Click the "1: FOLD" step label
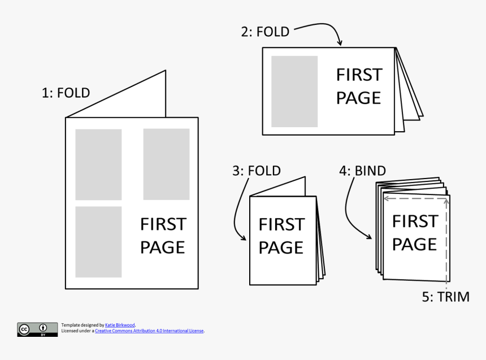click(x=66, y=93)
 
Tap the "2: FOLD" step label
click(x=265, y=32)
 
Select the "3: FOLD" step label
click(x=257, y=171)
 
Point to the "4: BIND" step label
click(x=362, y=171)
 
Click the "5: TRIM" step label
click(x=446, y=297)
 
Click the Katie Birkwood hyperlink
click(x=120, y=325)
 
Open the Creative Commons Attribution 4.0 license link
click(x=149, y=331)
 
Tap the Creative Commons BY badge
click(x=37, y=329)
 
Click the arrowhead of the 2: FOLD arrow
click(x=340, y=43)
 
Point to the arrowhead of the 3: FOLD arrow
click(x=244, y=237)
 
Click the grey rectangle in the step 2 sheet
click(x=294, y=92)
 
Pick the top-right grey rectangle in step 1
click(x=167, y=164)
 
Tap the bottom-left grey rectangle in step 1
click(x=98, y=242)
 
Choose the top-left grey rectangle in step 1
click(x=98, y=164)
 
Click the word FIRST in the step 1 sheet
click(x=163, y=224)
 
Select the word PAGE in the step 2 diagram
click(x=358, y=98)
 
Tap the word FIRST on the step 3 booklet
click(x=282, y=224)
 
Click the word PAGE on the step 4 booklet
click(x=414, y=244)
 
